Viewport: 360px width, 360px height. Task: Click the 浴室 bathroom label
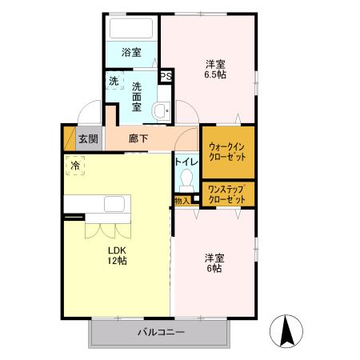tap(131, 54)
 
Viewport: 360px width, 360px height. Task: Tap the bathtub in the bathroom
tap(131, 30)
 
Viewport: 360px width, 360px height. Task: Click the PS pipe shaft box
tap(166, 76)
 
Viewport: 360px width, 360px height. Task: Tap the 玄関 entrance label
tap(88, 138)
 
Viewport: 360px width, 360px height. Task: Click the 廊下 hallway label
tap(138, 138)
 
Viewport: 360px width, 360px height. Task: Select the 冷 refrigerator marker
tap(75, 166)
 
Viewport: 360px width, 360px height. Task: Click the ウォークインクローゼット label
tap(227, 152)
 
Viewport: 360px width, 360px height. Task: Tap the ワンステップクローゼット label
tap(227, 194)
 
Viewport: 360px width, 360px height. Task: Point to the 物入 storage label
tap(182, 201)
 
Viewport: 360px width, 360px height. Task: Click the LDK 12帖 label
tap(118, 254)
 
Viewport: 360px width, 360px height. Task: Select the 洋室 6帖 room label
tap(214, 263)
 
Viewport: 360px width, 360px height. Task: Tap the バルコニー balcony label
tap(160, 332)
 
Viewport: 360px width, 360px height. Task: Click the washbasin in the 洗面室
tap(161, 111)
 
